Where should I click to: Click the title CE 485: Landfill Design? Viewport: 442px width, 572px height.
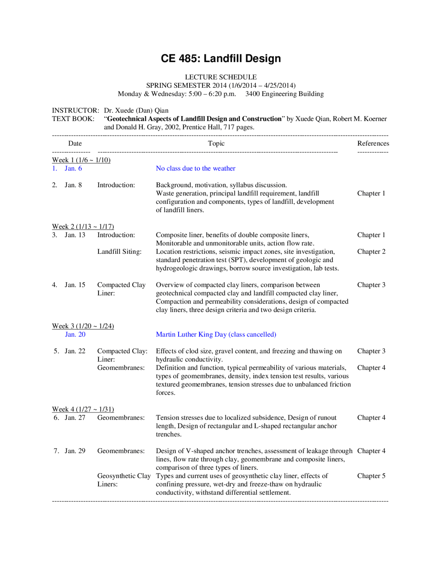221,58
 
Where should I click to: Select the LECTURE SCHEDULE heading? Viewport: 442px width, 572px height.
221,77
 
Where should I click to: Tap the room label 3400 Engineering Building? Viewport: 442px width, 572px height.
285,94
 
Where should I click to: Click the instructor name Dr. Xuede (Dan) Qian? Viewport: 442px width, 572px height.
136,110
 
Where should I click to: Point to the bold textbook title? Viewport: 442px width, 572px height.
194,118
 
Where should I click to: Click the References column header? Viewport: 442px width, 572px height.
373,143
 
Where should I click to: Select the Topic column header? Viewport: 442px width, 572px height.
216,143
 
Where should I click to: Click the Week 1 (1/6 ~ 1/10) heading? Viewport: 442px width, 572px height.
81,160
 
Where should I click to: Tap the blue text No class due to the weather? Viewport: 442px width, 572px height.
195,168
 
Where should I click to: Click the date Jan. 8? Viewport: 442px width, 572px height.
73,185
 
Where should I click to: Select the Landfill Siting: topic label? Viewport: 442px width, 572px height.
119,251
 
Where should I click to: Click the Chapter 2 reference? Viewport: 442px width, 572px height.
371,251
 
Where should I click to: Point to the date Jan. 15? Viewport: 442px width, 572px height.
75,285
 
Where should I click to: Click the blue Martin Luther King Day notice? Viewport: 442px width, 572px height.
216,334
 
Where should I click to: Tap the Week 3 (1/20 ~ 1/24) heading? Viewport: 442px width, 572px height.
83,326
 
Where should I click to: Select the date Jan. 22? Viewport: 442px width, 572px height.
75,351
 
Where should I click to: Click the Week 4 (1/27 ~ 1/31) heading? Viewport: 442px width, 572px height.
83,409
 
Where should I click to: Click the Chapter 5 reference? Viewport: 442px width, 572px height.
371,476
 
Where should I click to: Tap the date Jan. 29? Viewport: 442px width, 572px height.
75,451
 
